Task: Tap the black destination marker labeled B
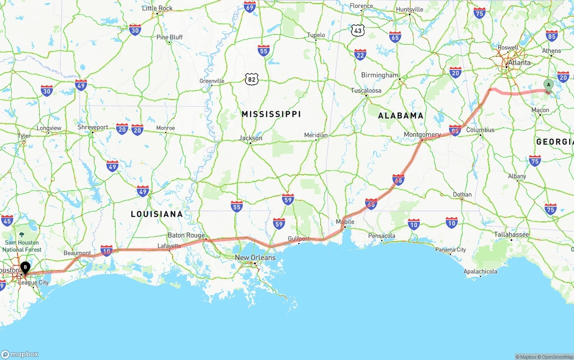pos(26,268)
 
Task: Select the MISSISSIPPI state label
pos(271,114)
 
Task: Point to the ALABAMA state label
pos(400,116)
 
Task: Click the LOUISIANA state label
pos(157,214)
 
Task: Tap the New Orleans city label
pos(255,258)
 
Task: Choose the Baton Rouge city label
pos(186,235)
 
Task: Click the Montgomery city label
pos(422,134)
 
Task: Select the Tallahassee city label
pos(512,234)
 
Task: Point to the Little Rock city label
pos(157,8)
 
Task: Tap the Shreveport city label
pos(93,127)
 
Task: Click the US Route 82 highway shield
pos(252,79)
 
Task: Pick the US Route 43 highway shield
pos(358,30)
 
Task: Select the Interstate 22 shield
pos(360,55)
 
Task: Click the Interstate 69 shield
pos(250,7)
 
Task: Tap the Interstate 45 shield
pos(7,221)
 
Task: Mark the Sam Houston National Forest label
pos(22,246)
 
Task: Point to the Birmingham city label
pos(379,75)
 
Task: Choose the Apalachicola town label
pos(480,271)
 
